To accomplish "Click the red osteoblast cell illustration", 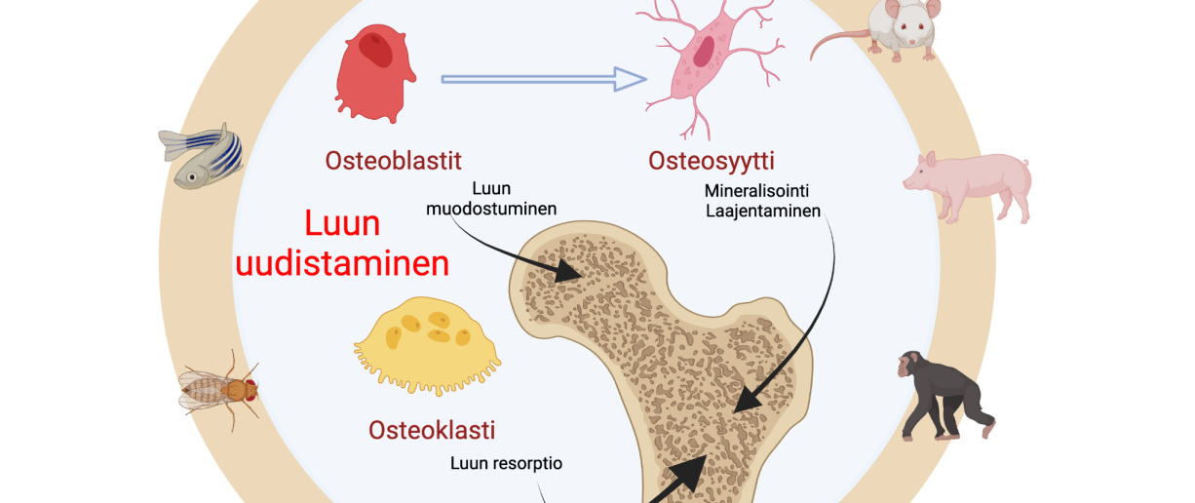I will point(370,76).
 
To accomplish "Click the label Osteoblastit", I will point(395,161).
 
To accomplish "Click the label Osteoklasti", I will point(432,429).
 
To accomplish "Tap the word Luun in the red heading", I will point(342,224).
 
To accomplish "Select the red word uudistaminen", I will point(342,264).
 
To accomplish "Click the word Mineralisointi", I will point(757,190).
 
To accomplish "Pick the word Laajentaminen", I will point(762,210).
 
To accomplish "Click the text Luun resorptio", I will point(506,463).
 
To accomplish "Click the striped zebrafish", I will point(201,155).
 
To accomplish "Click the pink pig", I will point(966,183).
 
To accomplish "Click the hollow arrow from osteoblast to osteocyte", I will point(544,79).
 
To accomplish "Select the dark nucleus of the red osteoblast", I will point(376,49).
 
